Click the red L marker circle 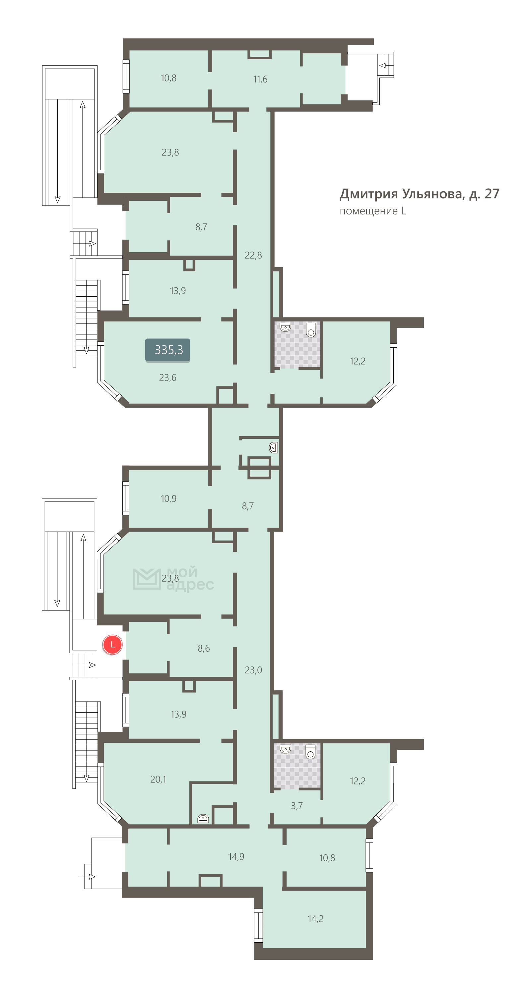(112, 644)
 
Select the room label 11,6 (260, 79)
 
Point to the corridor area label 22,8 (253, 255)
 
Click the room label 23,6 (167, 378)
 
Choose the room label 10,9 (168, 498)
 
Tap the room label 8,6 (204, 648)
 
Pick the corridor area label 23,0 (253, 670)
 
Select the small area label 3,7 (296, 805)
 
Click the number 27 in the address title (492, 194)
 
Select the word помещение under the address (368, 211)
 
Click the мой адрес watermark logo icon (146, 579)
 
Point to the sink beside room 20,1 (203, 819)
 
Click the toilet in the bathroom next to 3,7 (310, 751)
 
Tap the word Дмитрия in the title (369, 194)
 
